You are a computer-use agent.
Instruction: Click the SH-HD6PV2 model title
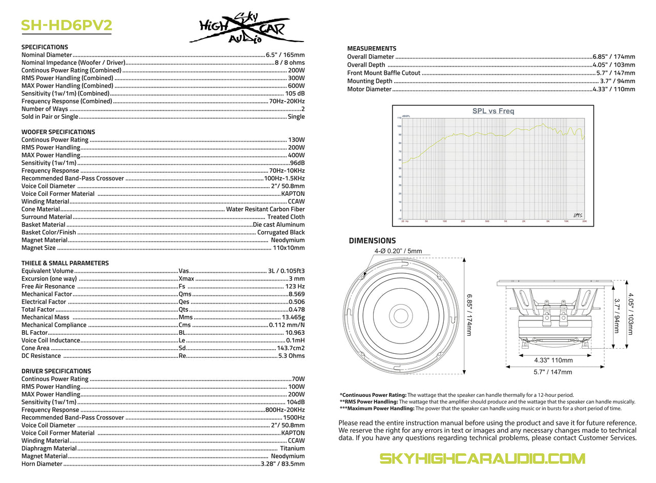[66, 26]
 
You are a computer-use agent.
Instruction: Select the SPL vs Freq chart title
[493, 111]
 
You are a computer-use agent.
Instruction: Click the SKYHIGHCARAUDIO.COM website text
[482, 458]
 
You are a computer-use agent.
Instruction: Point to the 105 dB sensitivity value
[295, 93]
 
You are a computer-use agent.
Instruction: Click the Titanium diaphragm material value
[292, 448]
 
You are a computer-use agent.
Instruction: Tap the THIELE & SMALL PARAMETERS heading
[65, 263]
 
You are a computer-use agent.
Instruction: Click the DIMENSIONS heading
[372, 240]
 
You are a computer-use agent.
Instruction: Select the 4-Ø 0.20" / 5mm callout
[398, 251]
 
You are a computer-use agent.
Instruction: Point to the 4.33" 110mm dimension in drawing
[553, 360]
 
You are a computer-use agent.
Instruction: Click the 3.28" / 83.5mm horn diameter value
[282, 464]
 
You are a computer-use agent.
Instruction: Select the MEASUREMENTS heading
[372, 48]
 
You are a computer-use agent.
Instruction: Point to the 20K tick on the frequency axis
[584, 221]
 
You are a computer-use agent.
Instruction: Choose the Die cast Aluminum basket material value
[278, 225]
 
